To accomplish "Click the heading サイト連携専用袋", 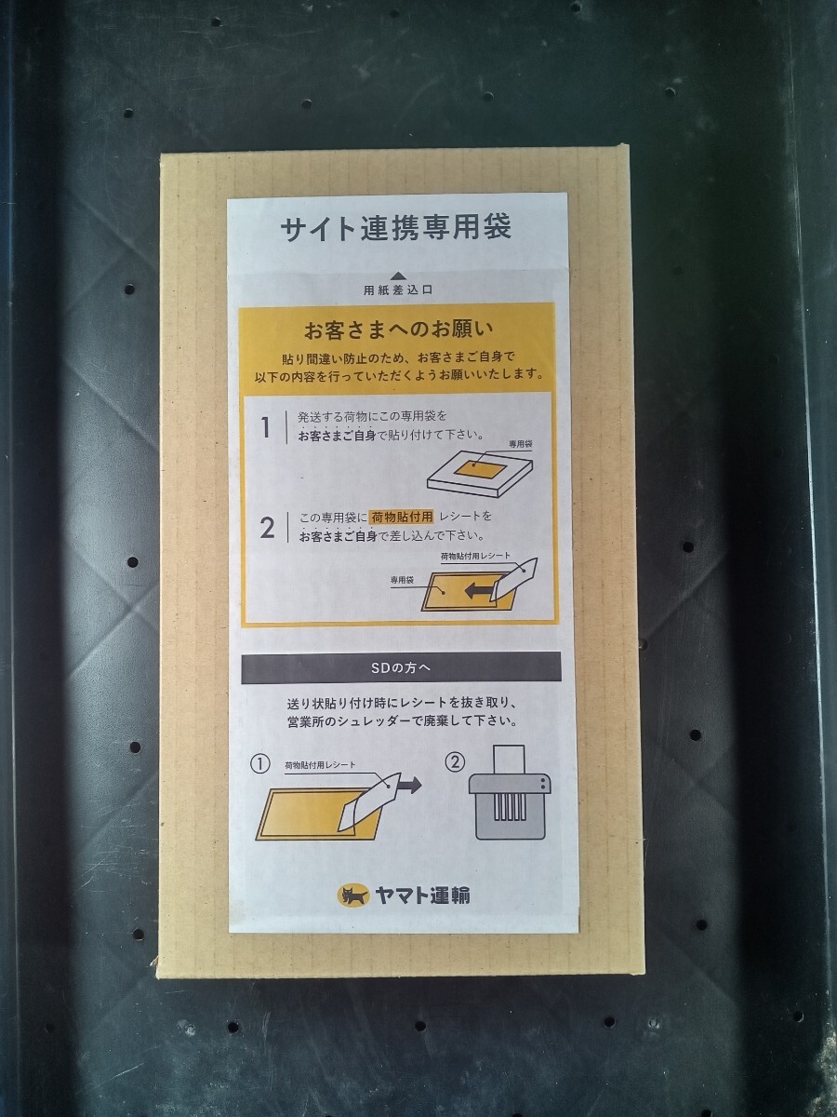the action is click(x=395, y=228).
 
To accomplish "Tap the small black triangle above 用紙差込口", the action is click(x=400, y=276).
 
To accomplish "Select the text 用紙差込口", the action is click(x=398, y=290).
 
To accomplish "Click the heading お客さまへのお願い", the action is click(x=398, y=330).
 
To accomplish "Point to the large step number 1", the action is click(x=265, y=427).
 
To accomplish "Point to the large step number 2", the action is click(x=267, y=528).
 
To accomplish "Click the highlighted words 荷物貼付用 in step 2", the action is click(x=402, y=517).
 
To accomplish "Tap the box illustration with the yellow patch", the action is click(x=479, y=476).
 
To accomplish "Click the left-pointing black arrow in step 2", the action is click(x=479, y=591).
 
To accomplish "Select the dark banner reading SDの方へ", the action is click(x=401, y=667).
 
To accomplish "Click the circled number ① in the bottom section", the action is click(x=260, y=764).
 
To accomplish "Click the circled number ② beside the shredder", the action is click(x=455, y=762).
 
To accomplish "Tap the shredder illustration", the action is click(x=510, y=793).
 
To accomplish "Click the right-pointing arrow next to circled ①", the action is click(x=409, y=786).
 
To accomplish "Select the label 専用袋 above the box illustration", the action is click(x=521, y=444).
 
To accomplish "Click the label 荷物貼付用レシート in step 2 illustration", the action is click(x=475, y=557).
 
